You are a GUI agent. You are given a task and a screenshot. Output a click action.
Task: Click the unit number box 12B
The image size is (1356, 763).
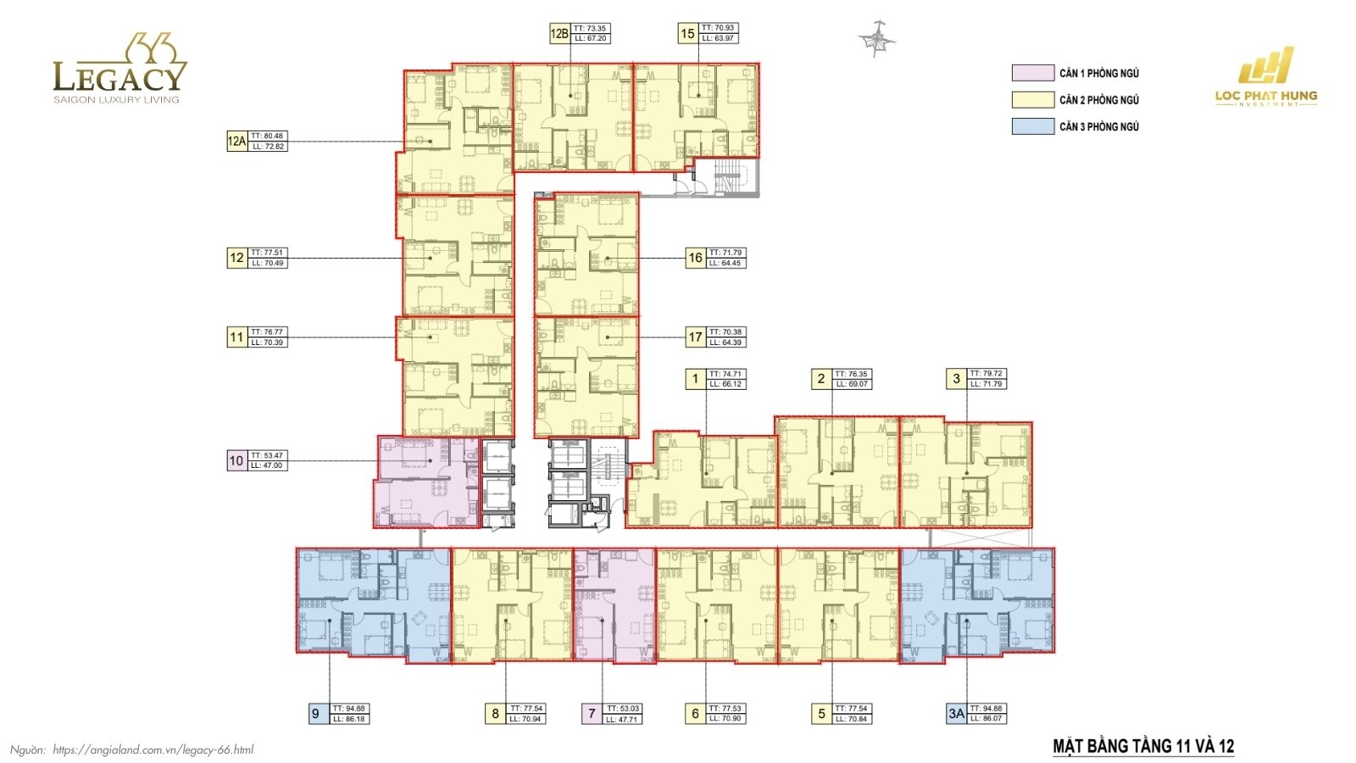(559, 34)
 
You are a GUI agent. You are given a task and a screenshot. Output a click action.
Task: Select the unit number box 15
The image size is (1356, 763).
(687, 34)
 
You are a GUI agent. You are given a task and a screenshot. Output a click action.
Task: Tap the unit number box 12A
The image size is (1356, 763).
(236, 142)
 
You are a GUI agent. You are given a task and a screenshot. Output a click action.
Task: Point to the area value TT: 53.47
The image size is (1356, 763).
(267, 456)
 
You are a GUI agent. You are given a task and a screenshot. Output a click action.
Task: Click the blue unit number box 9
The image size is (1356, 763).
(315, 714)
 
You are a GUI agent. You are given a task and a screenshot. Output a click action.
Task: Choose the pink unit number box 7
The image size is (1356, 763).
(592, 714)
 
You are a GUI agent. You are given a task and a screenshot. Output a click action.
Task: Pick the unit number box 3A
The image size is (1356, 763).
(956, 714)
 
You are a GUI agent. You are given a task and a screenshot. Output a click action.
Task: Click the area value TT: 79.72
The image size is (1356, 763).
(986, 374)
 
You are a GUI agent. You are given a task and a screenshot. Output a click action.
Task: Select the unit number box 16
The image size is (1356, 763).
(695, 258)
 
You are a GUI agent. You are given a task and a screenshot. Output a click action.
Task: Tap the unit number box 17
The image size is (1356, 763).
(695, 337)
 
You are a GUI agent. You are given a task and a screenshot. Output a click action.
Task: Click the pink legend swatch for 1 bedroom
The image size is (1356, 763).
(1032, 74)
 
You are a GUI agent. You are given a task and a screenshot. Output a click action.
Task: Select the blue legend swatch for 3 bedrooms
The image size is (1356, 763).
(1032, 126)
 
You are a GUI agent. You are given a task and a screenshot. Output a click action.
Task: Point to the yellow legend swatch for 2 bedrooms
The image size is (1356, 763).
(1032, 100)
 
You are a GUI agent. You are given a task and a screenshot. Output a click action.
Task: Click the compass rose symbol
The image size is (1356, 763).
(876, 39)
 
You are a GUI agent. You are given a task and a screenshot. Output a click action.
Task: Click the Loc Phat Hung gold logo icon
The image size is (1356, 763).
(1266, 66)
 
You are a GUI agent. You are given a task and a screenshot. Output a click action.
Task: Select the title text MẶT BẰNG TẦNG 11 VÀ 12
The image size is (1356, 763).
(1143, 746)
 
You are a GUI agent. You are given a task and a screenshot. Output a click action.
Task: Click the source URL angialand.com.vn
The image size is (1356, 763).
(153, 749)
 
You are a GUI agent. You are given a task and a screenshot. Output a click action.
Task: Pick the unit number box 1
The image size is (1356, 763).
(695, 379)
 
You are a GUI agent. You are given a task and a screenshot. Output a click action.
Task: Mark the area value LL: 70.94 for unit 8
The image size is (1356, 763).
(526, 719)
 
